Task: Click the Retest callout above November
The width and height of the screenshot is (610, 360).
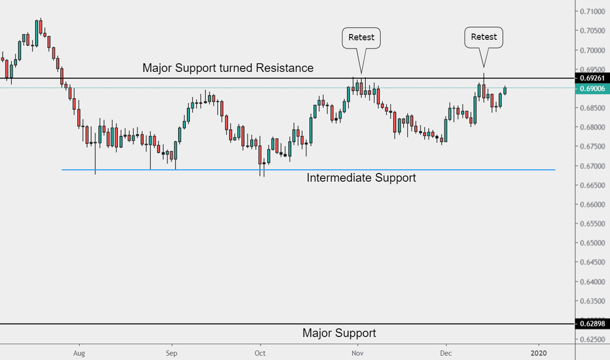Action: (361, 37)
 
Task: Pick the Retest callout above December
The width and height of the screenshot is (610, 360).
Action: (484, 37)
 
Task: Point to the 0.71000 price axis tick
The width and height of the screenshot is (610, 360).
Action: (594, 11)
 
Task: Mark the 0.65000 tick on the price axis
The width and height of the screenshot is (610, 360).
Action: (594, 243)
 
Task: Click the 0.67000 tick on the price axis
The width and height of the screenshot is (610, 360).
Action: (594, 166)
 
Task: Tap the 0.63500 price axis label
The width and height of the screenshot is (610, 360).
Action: (594, 301)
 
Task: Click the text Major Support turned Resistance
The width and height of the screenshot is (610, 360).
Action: (228, 68)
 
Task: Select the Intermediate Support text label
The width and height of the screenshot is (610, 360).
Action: (361, 177)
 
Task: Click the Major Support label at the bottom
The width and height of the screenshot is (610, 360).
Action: (339, 333)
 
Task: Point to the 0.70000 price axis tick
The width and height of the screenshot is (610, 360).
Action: (594, 50)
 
